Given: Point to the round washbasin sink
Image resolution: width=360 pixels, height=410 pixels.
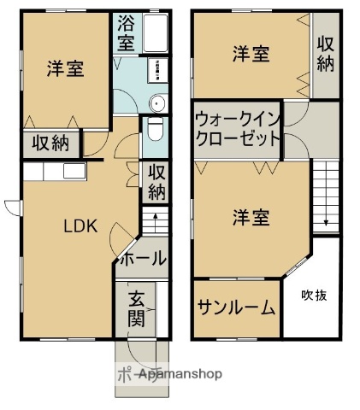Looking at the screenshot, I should click(156, 102).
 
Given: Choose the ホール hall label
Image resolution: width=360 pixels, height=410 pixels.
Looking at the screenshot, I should click(140, 259).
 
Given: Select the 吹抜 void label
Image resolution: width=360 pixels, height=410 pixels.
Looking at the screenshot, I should click(312, 296).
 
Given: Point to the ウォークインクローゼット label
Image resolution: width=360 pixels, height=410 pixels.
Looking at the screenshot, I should click(237, 129).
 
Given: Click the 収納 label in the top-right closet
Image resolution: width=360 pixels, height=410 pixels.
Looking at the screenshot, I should click(325, 53).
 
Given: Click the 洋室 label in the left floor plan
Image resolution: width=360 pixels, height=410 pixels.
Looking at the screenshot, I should click(65, 68).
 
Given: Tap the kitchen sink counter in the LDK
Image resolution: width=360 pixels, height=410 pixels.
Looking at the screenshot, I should click(51, 171).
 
